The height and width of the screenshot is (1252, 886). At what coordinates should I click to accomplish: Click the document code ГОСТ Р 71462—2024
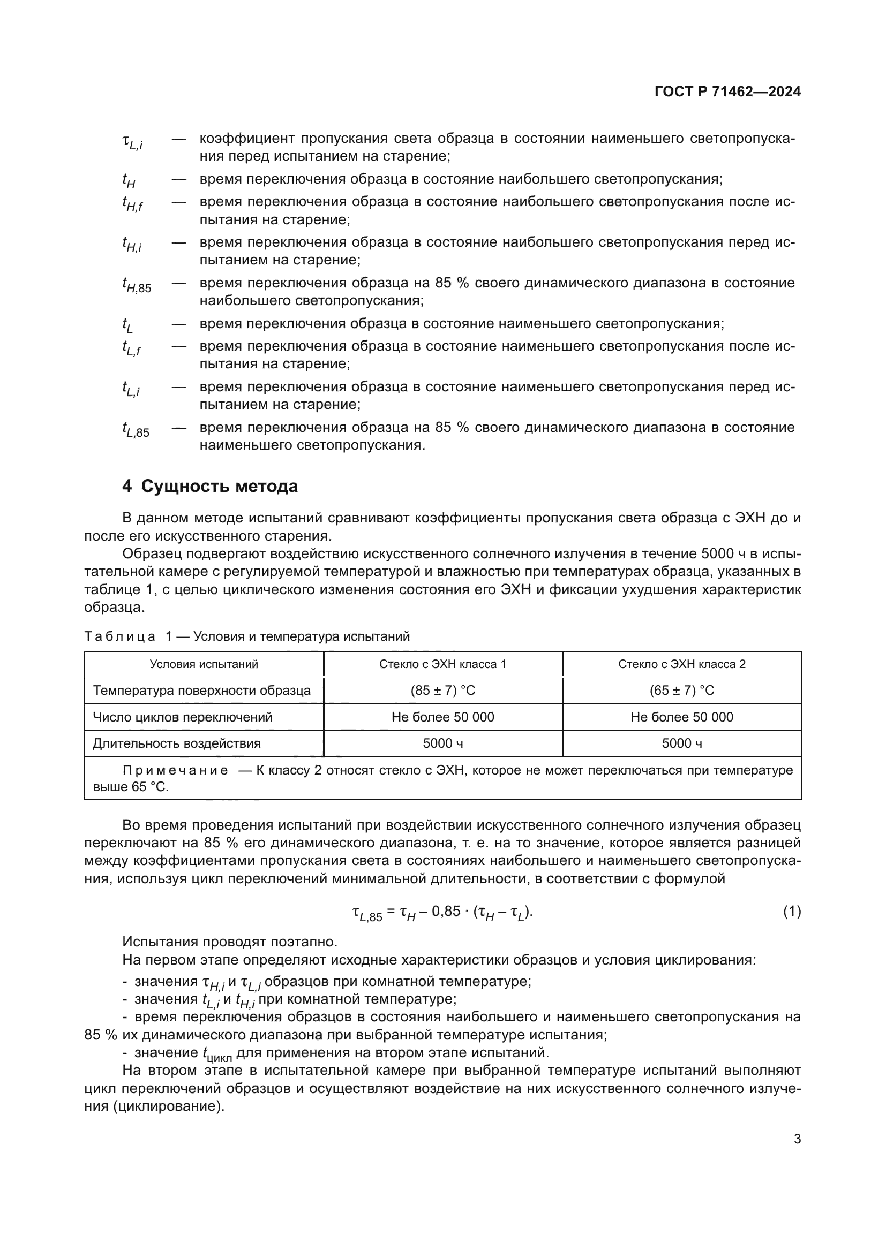[727, 92]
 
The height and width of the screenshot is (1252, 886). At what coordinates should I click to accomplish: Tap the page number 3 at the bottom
[797, 1139]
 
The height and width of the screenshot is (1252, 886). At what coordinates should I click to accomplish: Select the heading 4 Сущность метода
[210, 486]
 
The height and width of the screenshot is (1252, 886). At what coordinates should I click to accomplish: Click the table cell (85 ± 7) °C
[442, 691]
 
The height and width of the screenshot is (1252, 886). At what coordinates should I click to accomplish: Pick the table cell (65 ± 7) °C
[681, 691]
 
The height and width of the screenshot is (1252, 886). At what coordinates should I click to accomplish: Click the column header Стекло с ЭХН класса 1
[442, 664]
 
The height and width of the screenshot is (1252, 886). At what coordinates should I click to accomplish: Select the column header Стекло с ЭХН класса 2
[681, 664]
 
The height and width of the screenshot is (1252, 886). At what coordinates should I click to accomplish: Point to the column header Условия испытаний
[204, 664]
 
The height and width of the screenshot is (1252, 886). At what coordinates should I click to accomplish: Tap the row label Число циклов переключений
[182, 717]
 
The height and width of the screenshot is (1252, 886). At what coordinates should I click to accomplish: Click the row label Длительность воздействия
[177, 743]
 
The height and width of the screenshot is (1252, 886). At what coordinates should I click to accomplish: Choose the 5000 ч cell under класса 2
[681, 743]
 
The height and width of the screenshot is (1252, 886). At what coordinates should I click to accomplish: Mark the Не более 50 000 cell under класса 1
[442, 717]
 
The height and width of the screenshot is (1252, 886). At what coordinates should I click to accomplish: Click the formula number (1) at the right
[792, 911]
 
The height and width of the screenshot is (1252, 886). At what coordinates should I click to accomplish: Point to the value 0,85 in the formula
[446, 911]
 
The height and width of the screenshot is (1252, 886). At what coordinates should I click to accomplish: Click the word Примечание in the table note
[175, 770]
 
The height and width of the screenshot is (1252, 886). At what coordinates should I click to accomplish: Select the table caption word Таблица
[119, 636]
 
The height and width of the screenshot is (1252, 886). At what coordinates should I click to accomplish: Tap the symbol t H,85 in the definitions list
[137, 285]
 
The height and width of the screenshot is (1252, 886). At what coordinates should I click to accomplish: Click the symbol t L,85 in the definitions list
[136, 430]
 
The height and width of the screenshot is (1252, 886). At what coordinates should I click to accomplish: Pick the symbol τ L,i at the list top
[132, 142]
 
